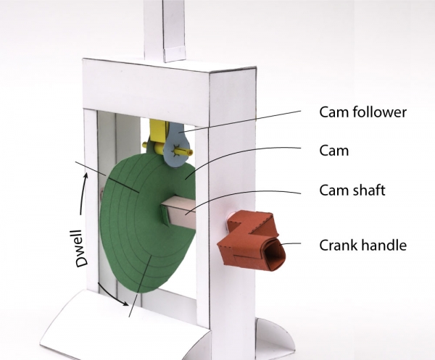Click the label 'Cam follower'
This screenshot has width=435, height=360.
[363, 112]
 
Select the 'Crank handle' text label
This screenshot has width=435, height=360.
[362, 245]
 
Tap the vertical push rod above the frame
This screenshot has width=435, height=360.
[163, 29]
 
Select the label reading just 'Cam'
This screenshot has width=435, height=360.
[333, 151]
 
